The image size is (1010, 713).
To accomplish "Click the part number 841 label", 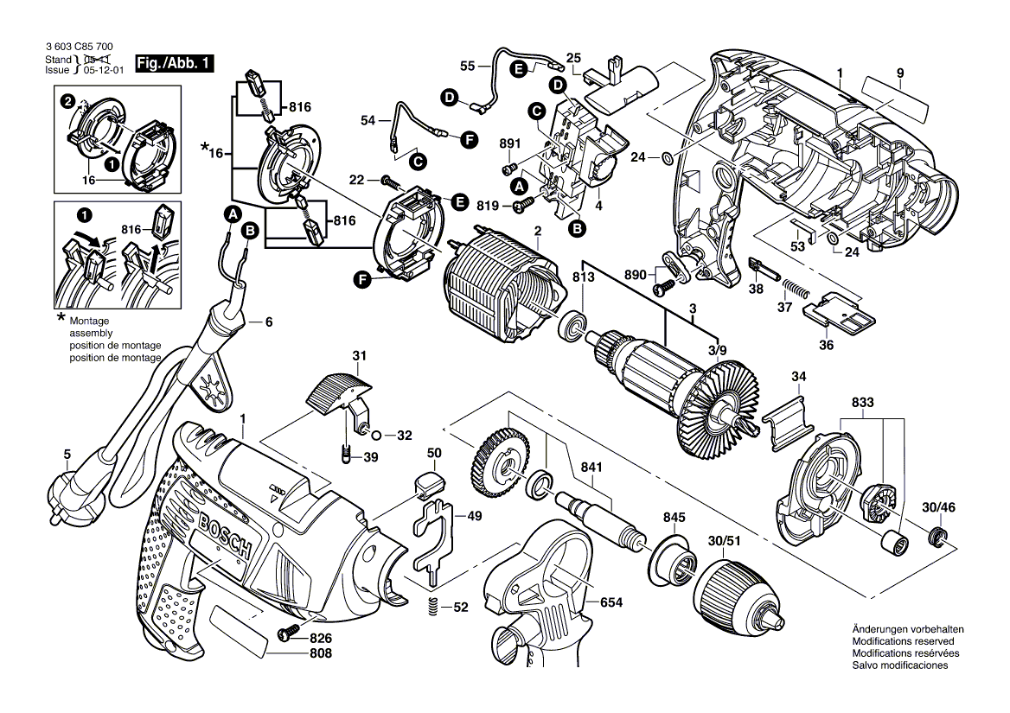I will tap(591, 468).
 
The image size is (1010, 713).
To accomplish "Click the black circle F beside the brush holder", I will tap(361, 278).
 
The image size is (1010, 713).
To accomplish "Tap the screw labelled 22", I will tap(388, 181).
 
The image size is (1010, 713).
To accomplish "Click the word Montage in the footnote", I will tap(90, 321).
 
